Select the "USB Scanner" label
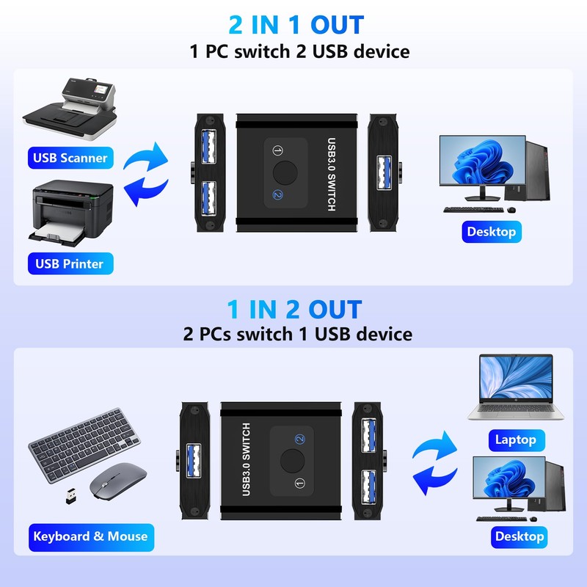[x=70, y=157]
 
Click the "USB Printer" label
[x=70, y=263]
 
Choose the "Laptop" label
[x=516, y=440]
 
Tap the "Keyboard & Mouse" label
[x=90, y=536]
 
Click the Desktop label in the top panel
[x=491, y=232]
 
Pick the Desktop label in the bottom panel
[x=519, y=536]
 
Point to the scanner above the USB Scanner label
[x=70, y=110]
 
